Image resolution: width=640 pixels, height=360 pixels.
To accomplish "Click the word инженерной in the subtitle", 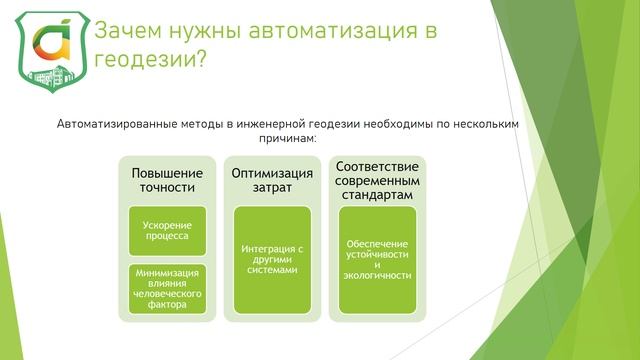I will click(x=276, y=123).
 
